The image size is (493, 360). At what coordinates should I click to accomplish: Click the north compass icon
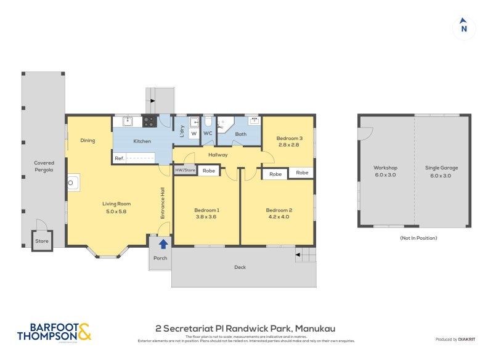point(464,28)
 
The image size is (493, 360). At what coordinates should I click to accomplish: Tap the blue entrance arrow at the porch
point(163,245)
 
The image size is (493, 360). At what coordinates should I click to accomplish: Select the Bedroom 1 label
point(208,210)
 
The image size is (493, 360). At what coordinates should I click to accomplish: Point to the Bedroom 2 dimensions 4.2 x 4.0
point(279,217)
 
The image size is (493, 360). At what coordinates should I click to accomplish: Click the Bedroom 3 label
point(287,138)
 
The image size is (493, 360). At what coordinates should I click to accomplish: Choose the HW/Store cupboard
point(185,170)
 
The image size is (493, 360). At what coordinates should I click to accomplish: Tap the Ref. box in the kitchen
point(120,158)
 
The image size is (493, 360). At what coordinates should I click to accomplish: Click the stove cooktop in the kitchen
point(149,121)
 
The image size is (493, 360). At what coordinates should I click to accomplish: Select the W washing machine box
point(194,133)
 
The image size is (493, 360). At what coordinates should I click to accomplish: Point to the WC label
point(208,133)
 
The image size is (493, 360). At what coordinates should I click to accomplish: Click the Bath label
point(240,133)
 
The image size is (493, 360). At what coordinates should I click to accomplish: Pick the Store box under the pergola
point(42,241)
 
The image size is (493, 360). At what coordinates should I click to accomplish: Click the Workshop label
point(385,168)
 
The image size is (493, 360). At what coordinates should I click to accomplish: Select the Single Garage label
point(441,168)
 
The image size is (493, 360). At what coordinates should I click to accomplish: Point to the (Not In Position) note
point(418,237)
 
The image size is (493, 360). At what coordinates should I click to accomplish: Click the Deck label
point(240,267)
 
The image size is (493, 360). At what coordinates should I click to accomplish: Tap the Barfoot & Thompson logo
point(54,332)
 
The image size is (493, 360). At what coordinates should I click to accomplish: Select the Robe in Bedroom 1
point(209,171)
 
